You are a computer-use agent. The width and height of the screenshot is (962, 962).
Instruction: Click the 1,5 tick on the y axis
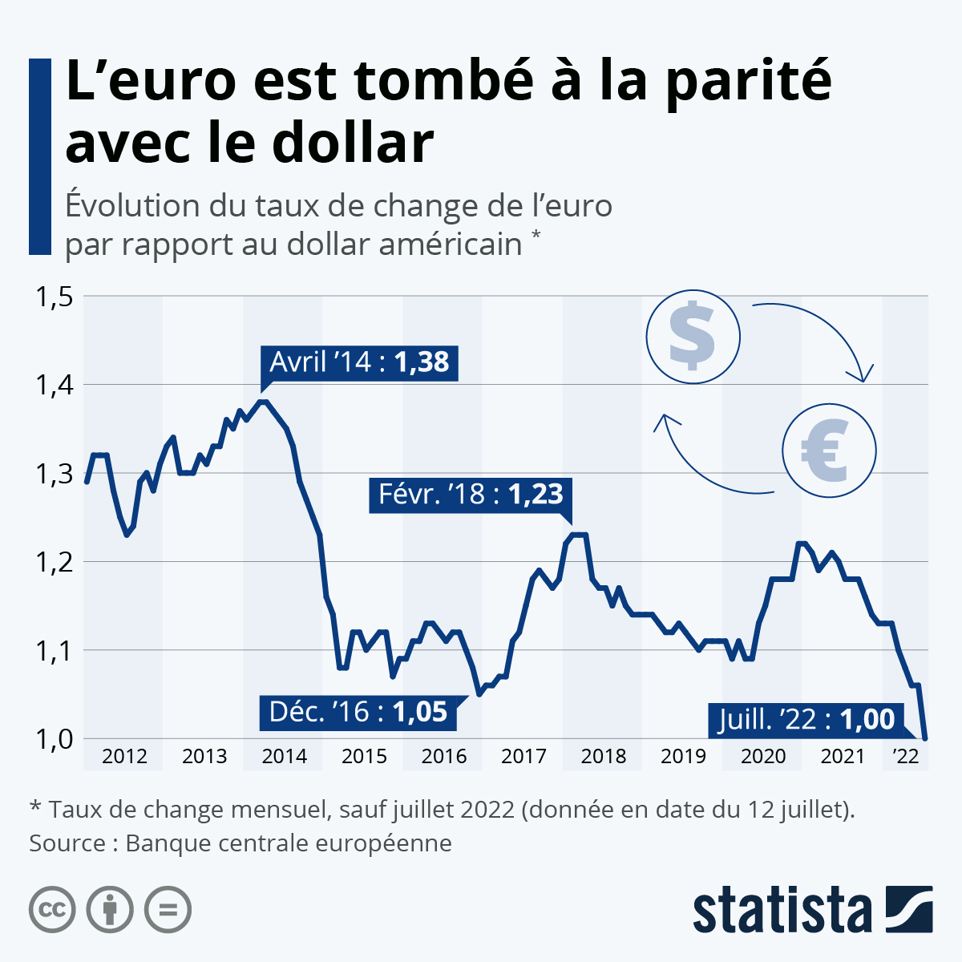tap(53, 297)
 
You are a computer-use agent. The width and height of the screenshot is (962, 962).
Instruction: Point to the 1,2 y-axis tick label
tap(53, 562)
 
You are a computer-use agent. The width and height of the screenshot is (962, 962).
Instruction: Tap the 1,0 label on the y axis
tap(53, 739)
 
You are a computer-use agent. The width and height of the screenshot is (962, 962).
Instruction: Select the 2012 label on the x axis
tap(124, 756)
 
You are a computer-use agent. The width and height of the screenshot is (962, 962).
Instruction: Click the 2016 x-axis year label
tap(444, 756)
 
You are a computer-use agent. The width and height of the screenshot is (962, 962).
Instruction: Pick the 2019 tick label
tap(683, 756)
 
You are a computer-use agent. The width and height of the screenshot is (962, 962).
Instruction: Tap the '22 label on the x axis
tap(905, 756)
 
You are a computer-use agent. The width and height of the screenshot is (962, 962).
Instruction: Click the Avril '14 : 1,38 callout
tap(360, 362)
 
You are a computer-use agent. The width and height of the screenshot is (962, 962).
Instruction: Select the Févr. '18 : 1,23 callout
tap(471, 494)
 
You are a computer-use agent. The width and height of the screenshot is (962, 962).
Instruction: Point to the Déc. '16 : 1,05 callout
tap(358, 712)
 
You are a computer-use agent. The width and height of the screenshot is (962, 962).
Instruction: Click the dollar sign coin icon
tap(693, 336)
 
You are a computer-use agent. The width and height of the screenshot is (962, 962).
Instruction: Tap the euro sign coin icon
tap(830, 449)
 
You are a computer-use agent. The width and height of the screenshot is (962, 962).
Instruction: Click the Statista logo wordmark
tap(782, 910)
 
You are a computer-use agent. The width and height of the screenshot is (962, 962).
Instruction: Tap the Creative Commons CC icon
tap(52, 910)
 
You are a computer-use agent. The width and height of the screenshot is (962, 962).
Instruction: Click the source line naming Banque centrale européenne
tap(240, 843)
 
